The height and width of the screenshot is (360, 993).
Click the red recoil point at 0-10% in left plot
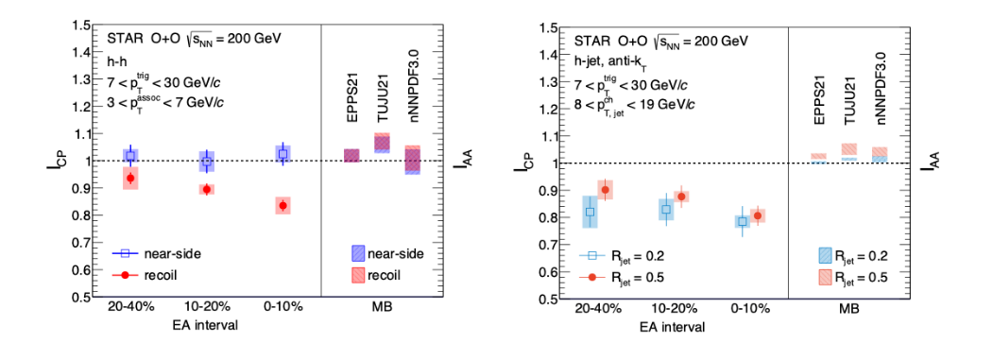click(282, 205)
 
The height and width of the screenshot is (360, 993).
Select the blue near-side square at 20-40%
click(130, 156)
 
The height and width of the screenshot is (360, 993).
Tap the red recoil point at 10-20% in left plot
click(207, 189)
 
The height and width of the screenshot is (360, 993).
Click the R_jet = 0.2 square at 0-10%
click(743, 222)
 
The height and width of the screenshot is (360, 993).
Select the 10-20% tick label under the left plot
click(207, 307)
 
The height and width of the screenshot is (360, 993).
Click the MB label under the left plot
click(382, 307)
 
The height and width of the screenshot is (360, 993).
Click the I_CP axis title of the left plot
click(55, 161)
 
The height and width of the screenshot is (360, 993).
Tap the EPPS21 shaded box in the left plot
click(351, 155)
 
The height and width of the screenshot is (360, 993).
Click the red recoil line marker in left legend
click(126, 274)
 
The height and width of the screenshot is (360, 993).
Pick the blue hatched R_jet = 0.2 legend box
click(825, 255)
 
